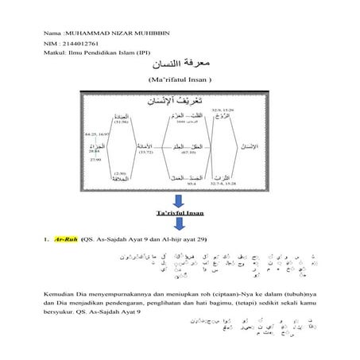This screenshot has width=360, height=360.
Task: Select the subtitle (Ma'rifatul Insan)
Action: [181, 82]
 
